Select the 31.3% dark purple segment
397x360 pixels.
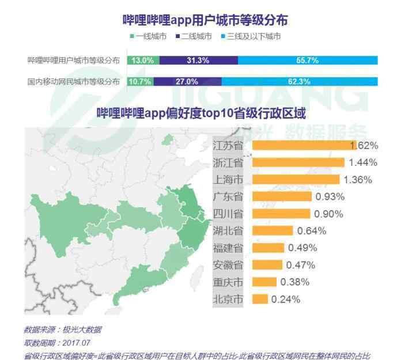click(198, 60)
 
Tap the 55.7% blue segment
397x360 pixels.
click(308, 60)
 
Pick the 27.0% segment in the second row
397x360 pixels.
click(187, 81)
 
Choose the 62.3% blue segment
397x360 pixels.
click(299, 81)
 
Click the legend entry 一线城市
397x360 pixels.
click(151, 37)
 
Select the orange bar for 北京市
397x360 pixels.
click(260, 299)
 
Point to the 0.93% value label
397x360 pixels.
click(330, 196)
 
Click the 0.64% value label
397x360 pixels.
click(312, 231)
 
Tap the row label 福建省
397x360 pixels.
click(228, 248)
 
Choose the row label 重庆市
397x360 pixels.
click(228, 282)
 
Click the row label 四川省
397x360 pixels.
click(228, 214)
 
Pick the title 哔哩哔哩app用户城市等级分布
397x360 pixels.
click(206, 20)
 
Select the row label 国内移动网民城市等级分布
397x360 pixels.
click(74, 81)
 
